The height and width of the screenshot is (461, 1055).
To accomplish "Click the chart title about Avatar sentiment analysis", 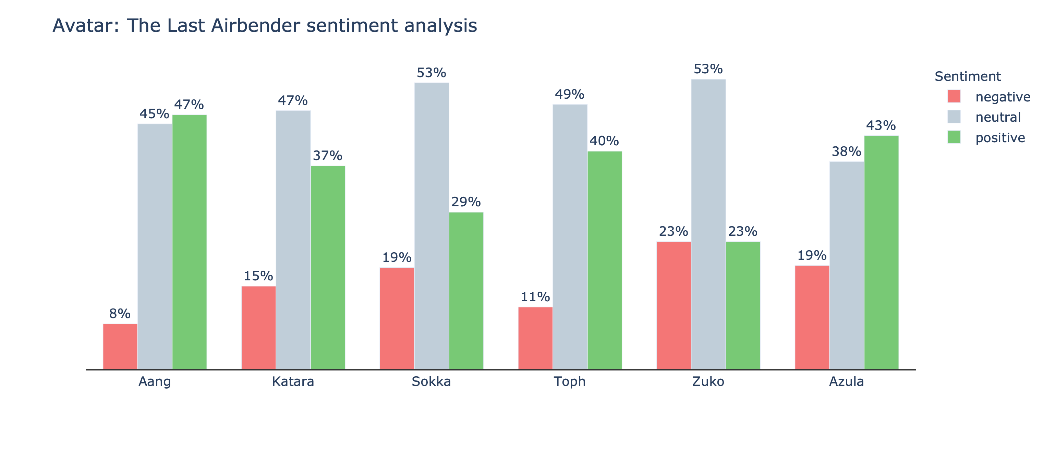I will pos(265,25).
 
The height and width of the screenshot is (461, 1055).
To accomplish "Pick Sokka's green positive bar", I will pos(466,291).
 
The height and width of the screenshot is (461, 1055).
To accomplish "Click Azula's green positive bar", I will pos(881,252).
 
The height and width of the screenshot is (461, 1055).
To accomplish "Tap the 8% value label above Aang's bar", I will pos(120,314).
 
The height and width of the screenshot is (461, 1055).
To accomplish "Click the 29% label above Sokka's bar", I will pos(466,202).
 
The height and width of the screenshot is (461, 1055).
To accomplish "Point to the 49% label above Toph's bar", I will pos(569,95).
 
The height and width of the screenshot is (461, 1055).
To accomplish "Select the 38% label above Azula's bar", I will pos(846,151).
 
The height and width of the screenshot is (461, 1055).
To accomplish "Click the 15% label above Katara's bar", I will pos(258,276).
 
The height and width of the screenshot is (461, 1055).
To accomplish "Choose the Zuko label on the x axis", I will pos(708,381).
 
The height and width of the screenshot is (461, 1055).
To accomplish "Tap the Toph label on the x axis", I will pos(569,381).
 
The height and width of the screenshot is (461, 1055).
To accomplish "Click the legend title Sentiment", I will pos(967,76).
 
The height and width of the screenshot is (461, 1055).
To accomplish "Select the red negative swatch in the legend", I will pos(954,97).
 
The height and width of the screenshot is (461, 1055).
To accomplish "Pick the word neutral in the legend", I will pos(998,118).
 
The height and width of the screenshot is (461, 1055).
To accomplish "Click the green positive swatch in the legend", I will pos(954,137).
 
